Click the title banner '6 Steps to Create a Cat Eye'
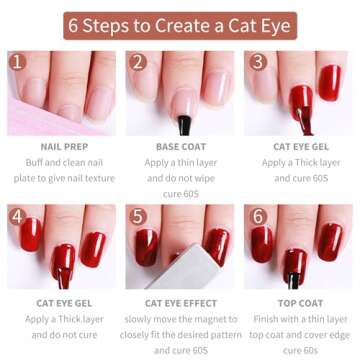tap(179, 25)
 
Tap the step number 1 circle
tap(17, 64)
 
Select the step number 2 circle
tap(136, 64)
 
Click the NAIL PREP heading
tap(60, 146)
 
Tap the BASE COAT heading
tap(179, 146)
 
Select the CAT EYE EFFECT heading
tap(179, 301)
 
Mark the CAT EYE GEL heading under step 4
tap(60, 301)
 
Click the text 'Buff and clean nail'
tap(60, 163)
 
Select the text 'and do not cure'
tap(60, 334)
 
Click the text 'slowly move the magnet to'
tap(179, 318)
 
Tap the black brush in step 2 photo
tap(183, 124)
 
